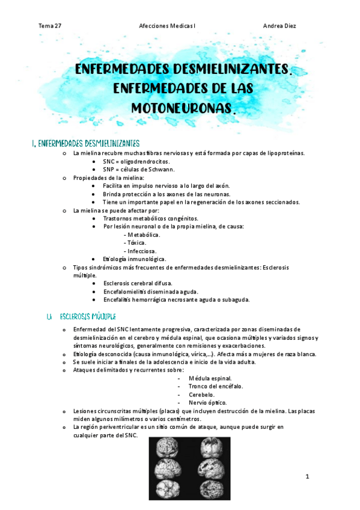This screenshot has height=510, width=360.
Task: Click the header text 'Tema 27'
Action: click(x=49, y=26)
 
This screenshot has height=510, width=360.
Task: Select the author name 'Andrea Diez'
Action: click(x=279, y=26)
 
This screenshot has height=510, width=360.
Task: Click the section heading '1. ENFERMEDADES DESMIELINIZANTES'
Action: click(x=85, y=143)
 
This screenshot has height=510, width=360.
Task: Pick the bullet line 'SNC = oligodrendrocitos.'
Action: click(x=136, y=161)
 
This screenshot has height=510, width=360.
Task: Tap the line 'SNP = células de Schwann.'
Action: click(x=138, y=170)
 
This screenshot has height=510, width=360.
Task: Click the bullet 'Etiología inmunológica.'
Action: click(x=134, y=259)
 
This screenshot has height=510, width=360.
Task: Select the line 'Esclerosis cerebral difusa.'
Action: click(x=138, y=283)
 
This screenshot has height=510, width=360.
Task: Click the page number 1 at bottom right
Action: click(x=307, y=477)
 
